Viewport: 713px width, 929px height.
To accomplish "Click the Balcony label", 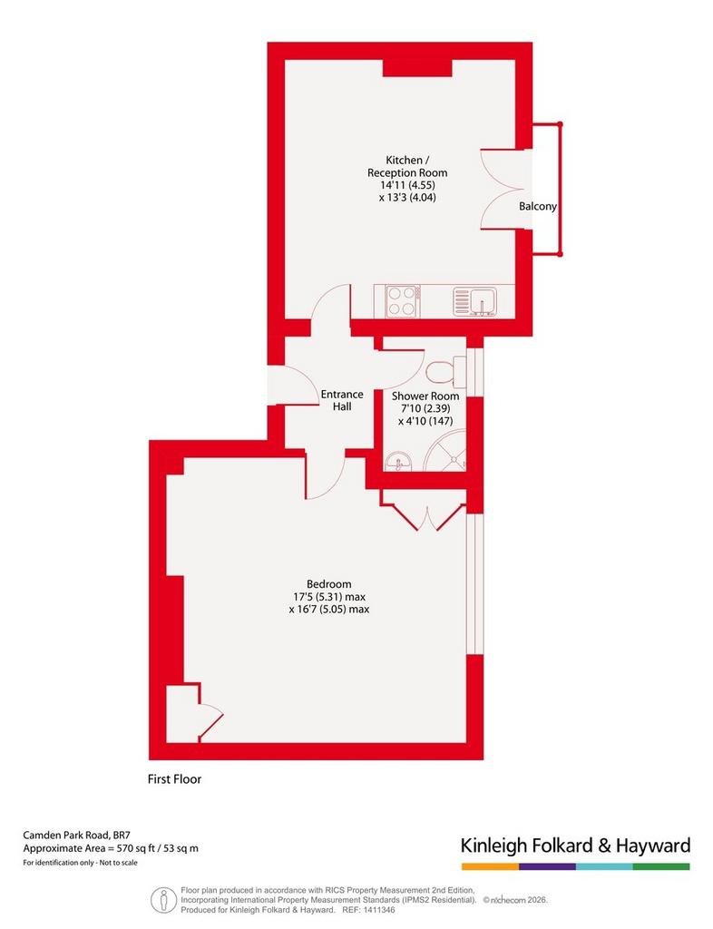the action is click(x=538, y=206).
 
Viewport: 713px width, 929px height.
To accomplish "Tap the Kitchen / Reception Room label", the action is click(x=407, y=167).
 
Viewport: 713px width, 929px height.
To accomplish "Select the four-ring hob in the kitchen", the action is click(x=403, y=300).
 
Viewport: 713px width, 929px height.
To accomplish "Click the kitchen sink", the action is click(x=476, y=301).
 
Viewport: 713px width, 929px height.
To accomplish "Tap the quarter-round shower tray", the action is click(x=448, y=454).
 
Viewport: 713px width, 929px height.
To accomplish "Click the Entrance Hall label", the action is click(x=342, y=400).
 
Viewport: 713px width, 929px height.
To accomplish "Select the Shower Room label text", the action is click(x=425, y=396).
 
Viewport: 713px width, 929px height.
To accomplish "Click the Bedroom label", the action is click(x=328, y=584).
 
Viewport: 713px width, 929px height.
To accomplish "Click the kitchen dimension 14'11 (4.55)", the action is click(x=407, y=185).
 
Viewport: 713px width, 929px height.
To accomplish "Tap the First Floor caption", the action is click(x=174, y=779).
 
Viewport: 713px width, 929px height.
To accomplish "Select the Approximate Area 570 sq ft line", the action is click(x=111, y=848).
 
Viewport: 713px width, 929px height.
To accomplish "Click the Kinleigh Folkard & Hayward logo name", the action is click(x=576, y=846).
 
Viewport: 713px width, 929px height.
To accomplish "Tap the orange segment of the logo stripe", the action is click(x=491, y=866).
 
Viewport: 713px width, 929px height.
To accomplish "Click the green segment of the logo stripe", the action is click(x=661, y=866).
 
